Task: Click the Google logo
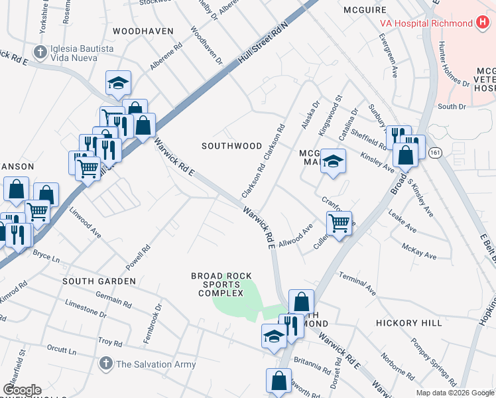(22, 390)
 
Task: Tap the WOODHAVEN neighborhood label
(143, 31)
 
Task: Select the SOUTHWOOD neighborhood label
(232, 145)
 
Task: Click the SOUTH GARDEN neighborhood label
(99, 281)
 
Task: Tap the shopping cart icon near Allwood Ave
(339, 223)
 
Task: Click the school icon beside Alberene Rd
(119, 83)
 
